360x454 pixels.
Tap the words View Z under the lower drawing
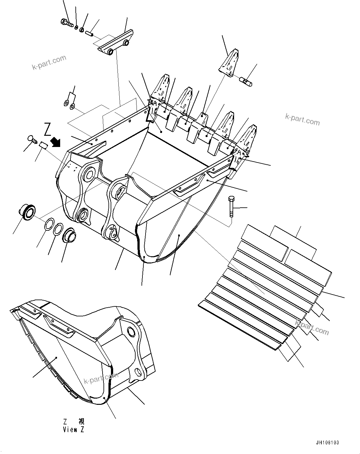74,430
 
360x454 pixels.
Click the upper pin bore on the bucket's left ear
89,173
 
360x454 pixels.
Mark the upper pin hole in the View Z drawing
132,332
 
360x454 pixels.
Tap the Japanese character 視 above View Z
81,422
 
